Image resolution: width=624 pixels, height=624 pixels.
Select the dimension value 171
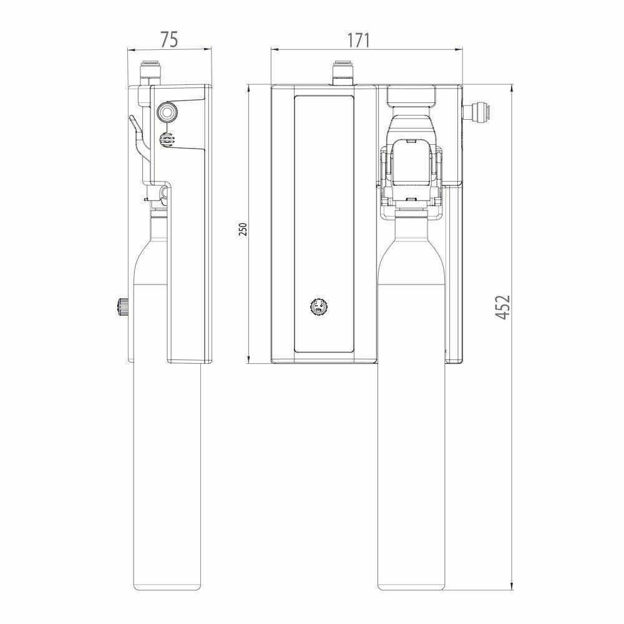click(359, 40)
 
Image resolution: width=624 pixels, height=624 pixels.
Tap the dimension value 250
click(243, 229)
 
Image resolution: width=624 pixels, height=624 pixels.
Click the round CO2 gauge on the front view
click(318, 306)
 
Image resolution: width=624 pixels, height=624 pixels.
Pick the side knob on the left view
click(122, 306)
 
